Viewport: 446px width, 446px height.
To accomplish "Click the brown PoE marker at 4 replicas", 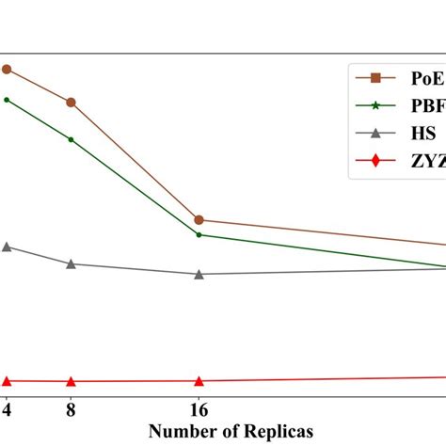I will (7, 69).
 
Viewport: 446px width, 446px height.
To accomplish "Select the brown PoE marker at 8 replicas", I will (72, 102).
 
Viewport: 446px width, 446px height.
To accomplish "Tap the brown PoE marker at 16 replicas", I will (199, 219).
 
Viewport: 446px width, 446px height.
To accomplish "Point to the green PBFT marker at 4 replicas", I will (7, 99).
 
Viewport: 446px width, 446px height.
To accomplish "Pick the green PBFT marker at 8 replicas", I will (72, 139).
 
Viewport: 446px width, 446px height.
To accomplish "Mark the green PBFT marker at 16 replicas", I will (199, 234).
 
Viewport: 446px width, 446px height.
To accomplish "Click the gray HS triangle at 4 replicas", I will (7, 247).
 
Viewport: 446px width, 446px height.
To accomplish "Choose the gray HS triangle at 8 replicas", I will (72, 263).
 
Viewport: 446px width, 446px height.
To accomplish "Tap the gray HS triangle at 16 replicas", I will (199, 274).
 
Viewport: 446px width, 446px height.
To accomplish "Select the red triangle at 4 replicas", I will (7, 381).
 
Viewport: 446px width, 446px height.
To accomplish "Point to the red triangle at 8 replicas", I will (72, 381).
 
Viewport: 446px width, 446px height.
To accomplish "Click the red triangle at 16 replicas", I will (199, 381).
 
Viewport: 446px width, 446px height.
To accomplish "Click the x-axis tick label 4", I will (7, 411).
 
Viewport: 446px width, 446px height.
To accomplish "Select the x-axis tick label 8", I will (72, 411).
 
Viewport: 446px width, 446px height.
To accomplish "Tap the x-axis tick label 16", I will (199, 411).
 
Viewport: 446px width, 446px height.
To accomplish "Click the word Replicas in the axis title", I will (277, 431).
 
